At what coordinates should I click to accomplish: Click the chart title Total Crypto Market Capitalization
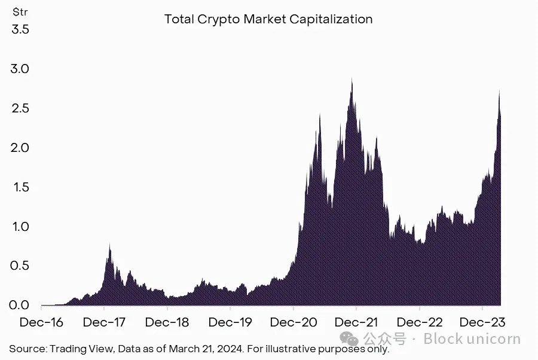click(x=268, y=19)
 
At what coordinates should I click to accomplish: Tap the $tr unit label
click(x=20, y=11)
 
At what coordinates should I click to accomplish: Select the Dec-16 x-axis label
click(x=41, y=322)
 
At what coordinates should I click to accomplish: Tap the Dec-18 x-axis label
click(x=167, y=322)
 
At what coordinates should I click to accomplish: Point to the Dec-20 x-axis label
click(x=293, y=322)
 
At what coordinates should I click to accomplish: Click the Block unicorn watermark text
click(x=472, y=339)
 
